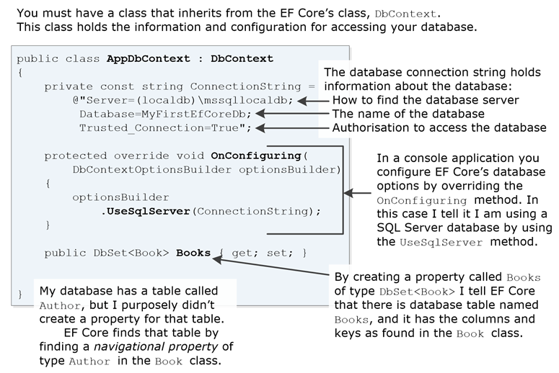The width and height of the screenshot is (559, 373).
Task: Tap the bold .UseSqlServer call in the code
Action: point(145,212)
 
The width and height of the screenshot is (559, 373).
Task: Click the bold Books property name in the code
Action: point(193,253)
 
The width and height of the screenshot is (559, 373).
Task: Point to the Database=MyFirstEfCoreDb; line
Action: point(165,114)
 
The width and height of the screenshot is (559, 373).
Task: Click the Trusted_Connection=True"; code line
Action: point(165,127)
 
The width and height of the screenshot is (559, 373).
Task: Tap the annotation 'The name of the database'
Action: point(408,114)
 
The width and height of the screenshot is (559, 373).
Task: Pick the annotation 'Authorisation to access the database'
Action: point(439,127)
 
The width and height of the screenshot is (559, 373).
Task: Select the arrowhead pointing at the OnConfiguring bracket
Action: point(350,192)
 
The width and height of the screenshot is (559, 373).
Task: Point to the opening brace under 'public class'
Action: point(20,72)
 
